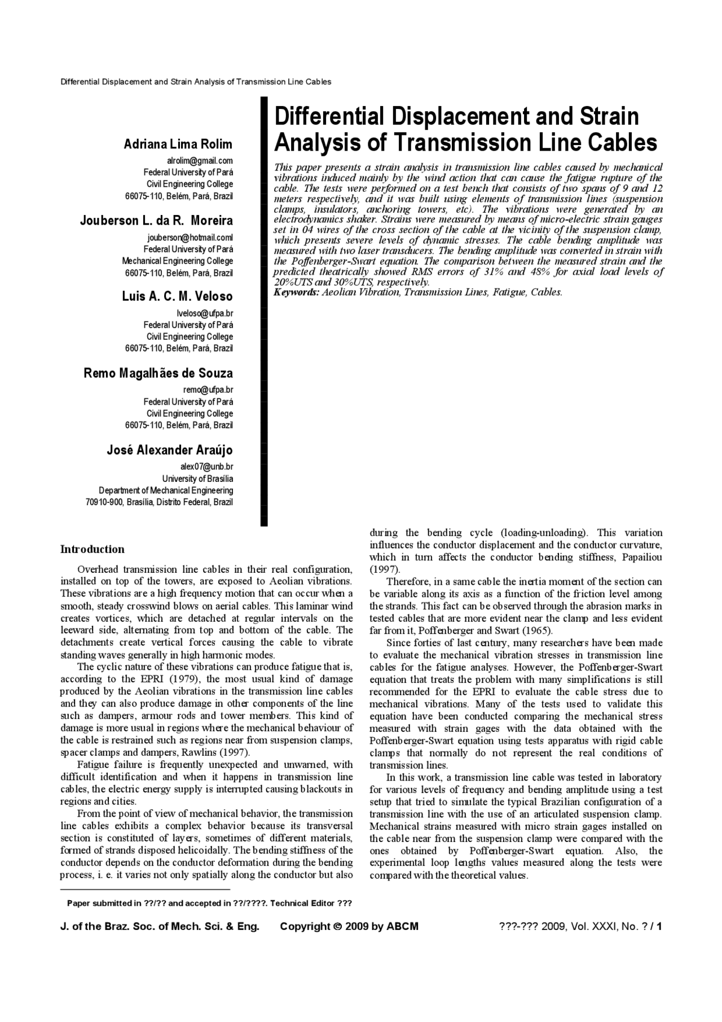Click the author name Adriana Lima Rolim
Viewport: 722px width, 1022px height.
178,144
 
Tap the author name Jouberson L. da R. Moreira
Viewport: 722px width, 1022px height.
156,221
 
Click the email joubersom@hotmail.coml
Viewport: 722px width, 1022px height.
190,238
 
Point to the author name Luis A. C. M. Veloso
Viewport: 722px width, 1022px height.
177,296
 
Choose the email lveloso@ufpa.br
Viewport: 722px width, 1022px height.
205,313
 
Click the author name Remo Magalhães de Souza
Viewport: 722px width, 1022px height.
158,373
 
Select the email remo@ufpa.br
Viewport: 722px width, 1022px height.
208,389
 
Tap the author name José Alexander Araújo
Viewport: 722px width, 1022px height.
170,450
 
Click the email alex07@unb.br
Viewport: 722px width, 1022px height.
206,467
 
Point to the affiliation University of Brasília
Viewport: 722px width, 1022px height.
197,479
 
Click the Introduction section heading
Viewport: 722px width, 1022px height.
93,549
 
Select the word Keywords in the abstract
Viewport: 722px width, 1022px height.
296,292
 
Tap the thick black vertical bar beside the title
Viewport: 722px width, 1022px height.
263,310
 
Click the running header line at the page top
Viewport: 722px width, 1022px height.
196,82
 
